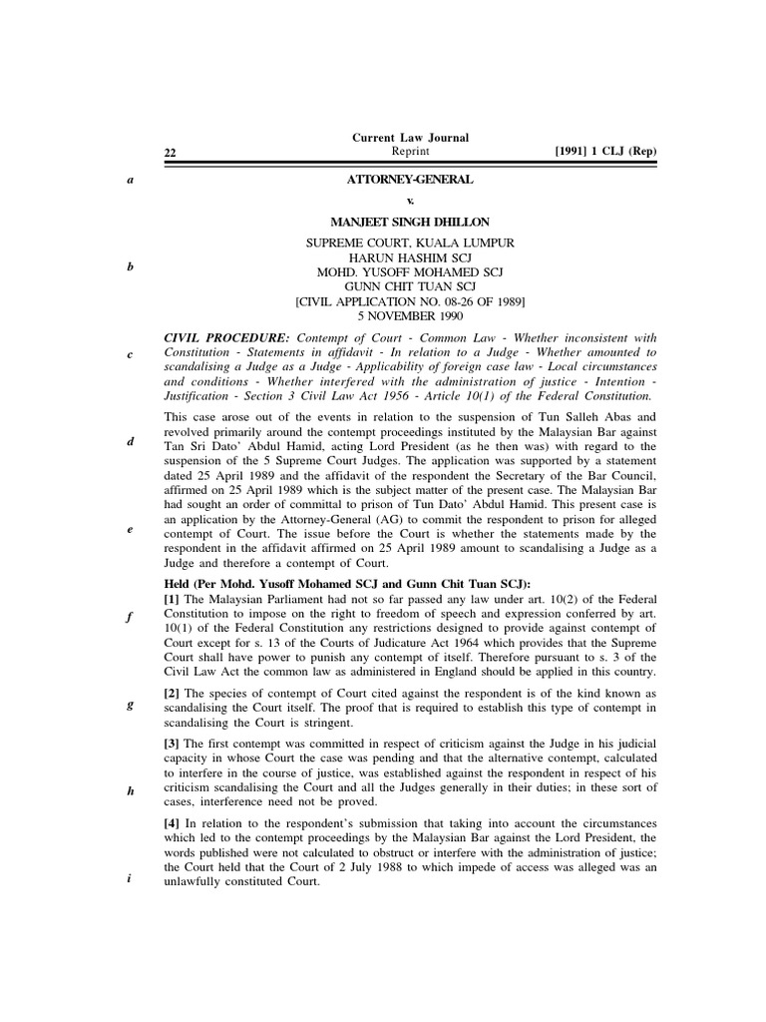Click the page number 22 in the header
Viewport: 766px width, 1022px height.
[x=170, y=153]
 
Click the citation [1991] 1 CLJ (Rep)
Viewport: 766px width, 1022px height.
[x=605, y=152]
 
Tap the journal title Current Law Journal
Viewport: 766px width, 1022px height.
[x=410, y=137]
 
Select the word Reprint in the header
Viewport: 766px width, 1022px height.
[x=410, y=151]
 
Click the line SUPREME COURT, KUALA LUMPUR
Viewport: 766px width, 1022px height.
[x=410, y=243]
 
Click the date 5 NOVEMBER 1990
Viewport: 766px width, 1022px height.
[x=410, y=314]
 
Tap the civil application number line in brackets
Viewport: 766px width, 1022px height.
[x=410, y=300]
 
